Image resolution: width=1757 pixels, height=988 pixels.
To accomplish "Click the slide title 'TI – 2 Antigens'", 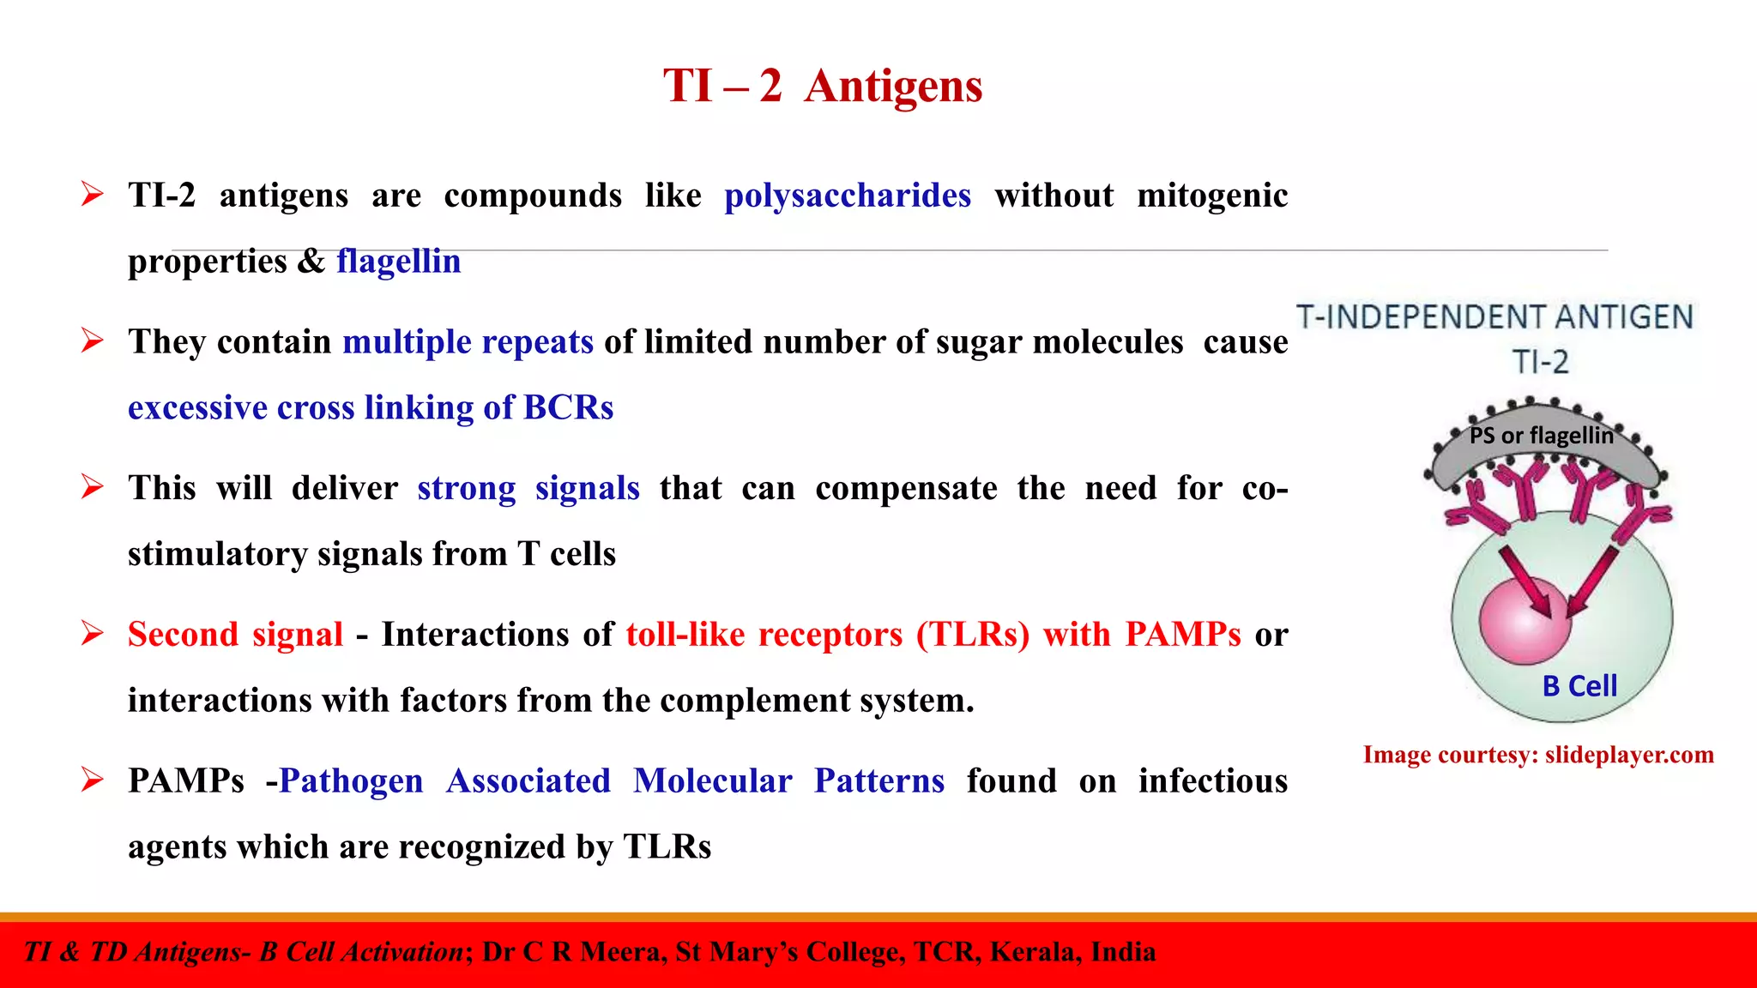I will point(822,86).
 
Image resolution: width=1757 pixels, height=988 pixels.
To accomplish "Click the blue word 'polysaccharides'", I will point(847,196).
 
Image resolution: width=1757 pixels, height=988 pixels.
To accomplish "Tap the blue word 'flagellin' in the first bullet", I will point(398,261).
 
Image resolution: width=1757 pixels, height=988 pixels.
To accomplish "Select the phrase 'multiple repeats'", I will point(468,341).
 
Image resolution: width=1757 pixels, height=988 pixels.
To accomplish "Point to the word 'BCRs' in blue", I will point(568,407).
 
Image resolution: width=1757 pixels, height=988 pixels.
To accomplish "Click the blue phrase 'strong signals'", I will point(528,488).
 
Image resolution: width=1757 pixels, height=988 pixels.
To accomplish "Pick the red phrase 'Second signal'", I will point(235,635).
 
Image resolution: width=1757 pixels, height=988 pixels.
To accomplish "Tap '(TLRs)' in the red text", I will point(973,635).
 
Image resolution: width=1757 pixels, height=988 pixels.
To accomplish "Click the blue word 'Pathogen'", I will point(351,781).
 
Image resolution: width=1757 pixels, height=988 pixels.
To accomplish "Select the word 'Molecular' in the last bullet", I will point(712,781).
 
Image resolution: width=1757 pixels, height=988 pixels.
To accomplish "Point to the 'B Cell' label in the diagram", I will point(1579,686).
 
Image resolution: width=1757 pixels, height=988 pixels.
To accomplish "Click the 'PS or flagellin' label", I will point(1541,436).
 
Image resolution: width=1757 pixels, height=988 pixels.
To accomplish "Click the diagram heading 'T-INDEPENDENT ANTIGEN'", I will point(1494,317).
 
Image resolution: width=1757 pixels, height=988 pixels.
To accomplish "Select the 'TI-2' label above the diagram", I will point(1540,362).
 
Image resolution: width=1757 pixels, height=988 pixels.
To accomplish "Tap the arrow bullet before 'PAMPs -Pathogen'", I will point(92,780).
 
